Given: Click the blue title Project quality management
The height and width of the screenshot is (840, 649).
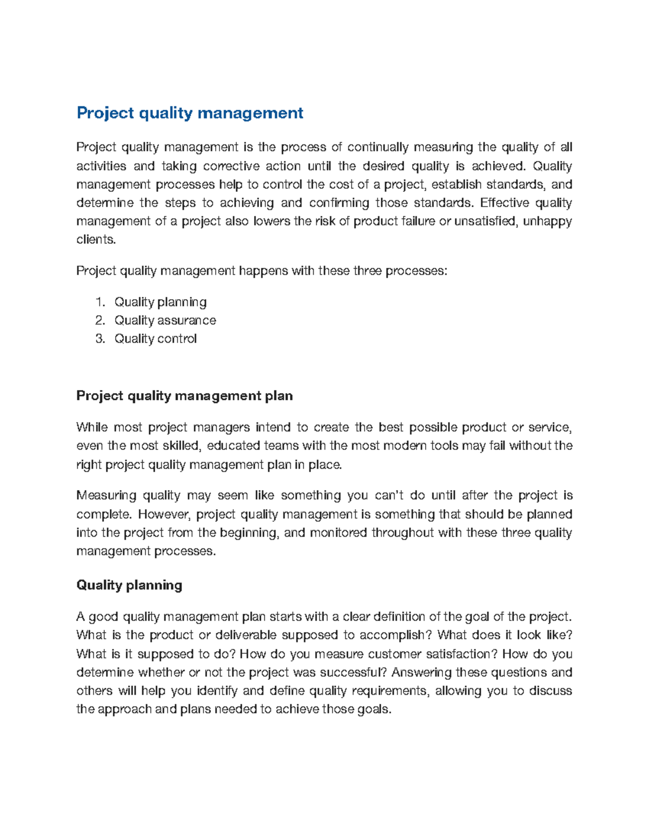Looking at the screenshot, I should [190, 113].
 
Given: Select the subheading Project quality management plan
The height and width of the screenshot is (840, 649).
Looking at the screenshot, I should [184, 396].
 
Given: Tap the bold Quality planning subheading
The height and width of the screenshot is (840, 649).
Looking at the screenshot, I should [129, 585].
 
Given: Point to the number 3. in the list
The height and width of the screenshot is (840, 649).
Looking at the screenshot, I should [100, 339].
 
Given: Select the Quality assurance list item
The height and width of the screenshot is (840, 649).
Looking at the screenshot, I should [165, 320].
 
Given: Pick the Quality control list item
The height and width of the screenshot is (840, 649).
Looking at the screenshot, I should [155, 339].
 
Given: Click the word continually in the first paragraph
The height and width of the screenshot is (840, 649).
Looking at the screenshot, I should [378, 147].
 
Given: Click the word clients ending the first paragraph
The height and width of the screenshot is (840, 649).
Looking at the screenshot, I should [95, 240].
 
